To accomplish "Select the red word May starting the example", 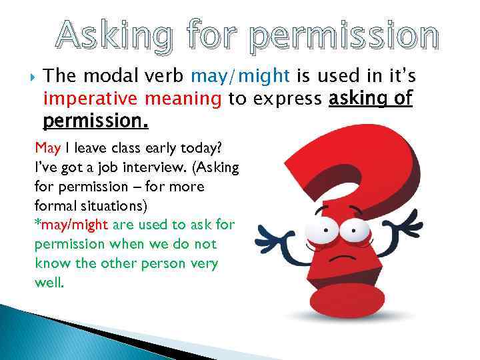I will click(47, 148).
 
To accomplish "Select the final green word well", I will click(49, 283).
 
